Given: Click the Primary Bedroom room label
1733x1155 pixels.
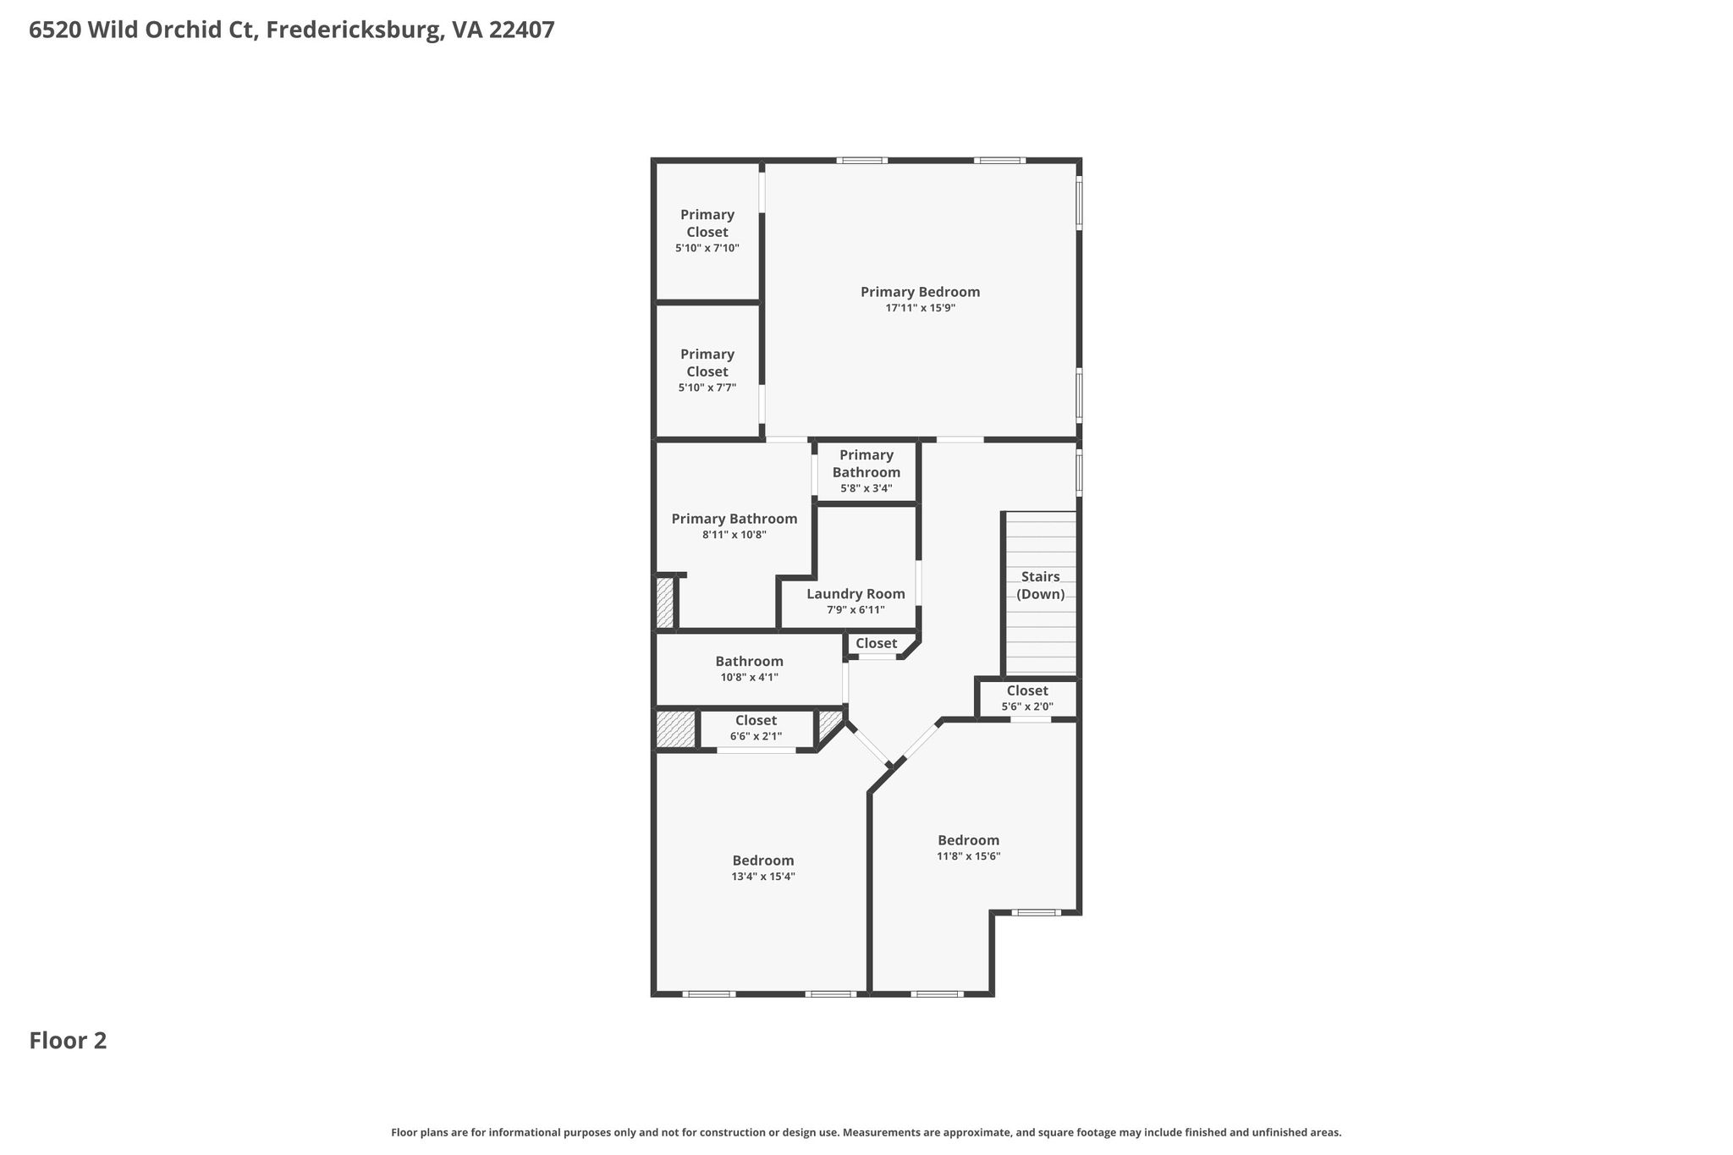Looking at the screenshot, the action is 920,292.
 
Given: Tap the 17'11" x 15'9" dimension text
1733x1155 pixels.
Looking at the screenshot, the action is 920,308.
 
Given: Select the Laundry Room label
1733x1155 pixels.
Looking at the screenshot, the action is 855,594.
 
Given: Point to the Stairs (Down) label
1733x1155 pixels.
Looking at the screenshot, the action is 1040,586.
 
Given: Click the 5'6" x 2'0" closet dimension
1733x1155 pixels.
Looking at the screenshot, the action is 1027,707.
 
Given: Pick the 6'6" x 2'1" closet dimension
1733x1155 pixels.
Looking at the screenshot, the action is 756,736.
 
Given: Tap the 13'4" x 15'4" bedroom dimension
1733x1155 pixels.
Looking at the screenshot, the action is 763,877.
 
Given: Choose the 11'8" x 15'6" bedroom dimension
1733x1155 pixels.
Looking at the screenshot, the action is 968,856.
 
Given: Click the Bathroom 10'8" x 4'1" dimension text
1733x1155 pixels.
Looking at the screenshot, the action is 749,677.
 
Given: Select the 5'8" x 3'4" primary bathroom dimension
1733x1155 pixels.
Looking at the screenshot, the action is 866,488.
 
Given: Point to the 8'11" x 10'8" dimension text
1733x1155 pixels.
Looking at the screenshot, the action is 734,535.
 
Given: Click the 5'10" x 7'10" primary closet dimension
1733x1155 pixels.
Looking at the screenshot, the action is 707,248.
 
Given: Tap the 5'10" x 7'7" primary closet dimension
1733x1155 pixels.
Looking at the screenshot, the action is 707,388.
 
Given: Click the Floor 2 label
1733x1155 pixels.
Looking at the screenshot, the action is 68,1041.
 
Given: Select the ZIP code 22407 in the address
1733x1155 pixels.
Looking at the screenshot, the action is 522,30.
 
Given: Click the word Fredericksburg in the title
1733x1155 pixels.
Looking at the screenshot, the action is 353,30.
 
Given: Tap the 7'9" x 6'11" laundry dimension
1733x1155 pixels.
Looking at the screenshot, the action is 855,610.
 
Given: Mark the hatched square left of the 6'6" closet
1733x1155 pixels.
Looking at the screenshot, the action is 676,729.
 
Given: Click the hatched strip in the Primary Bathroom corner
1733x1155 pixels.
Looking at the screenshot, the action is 665,602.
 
